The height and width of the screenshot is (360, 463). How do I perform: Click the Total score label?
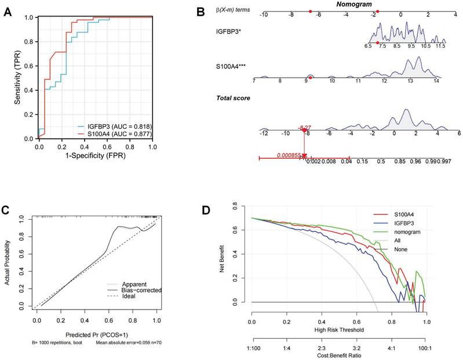coord(234,98)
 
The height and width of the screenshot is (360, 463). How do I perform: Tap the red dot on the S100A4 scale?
coord(310,77)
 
